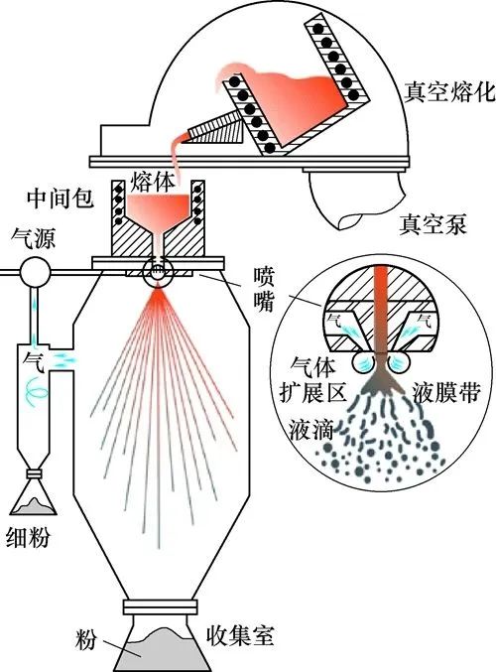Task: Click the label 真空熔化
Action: pos(449,92)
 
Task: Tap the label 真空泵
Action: pos(433,224)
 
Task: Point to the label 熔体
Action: pos(153,182)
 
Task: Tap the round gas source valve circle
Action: pos(35,271)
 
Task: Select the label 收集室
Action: pos(240,636)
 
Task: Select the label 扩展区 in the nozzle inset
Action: pos(313,392)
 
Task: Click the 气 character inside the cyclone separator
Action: pos(34,362)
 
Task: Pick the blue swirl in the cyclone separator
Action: pos(36,391)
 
